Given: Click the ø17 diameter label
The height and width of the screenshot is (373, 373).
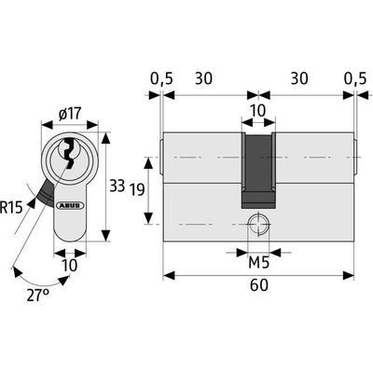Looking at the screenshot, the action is click(70, 114).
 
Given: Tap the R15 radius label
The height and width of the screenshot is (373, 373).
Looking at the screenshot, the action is click(11, 207).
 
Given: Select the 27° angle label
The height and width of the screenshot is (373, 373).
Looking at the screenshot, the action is click(37, 295).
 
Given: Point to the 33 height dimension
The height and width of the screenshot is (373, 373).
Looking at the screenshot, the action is click(117, 186).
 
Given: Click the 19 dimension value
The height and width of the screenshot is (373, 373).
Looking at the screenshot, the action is click(137, 189).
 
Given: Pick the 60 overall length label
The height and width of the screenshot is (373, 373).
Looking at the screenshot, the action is click(259, 285).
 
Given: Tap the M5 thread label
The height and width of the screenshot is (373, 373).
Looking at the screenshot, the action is click(259, 264).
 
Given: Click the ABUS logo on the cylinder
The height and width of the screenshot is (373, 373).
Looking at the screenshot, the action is click(70, 205).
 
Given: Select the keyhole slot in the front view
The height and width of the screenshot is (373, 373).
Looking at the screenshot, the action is click(70, 151).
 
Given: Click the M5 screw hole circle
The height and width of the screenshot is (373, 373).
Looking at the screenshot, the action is click(258, 224).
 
